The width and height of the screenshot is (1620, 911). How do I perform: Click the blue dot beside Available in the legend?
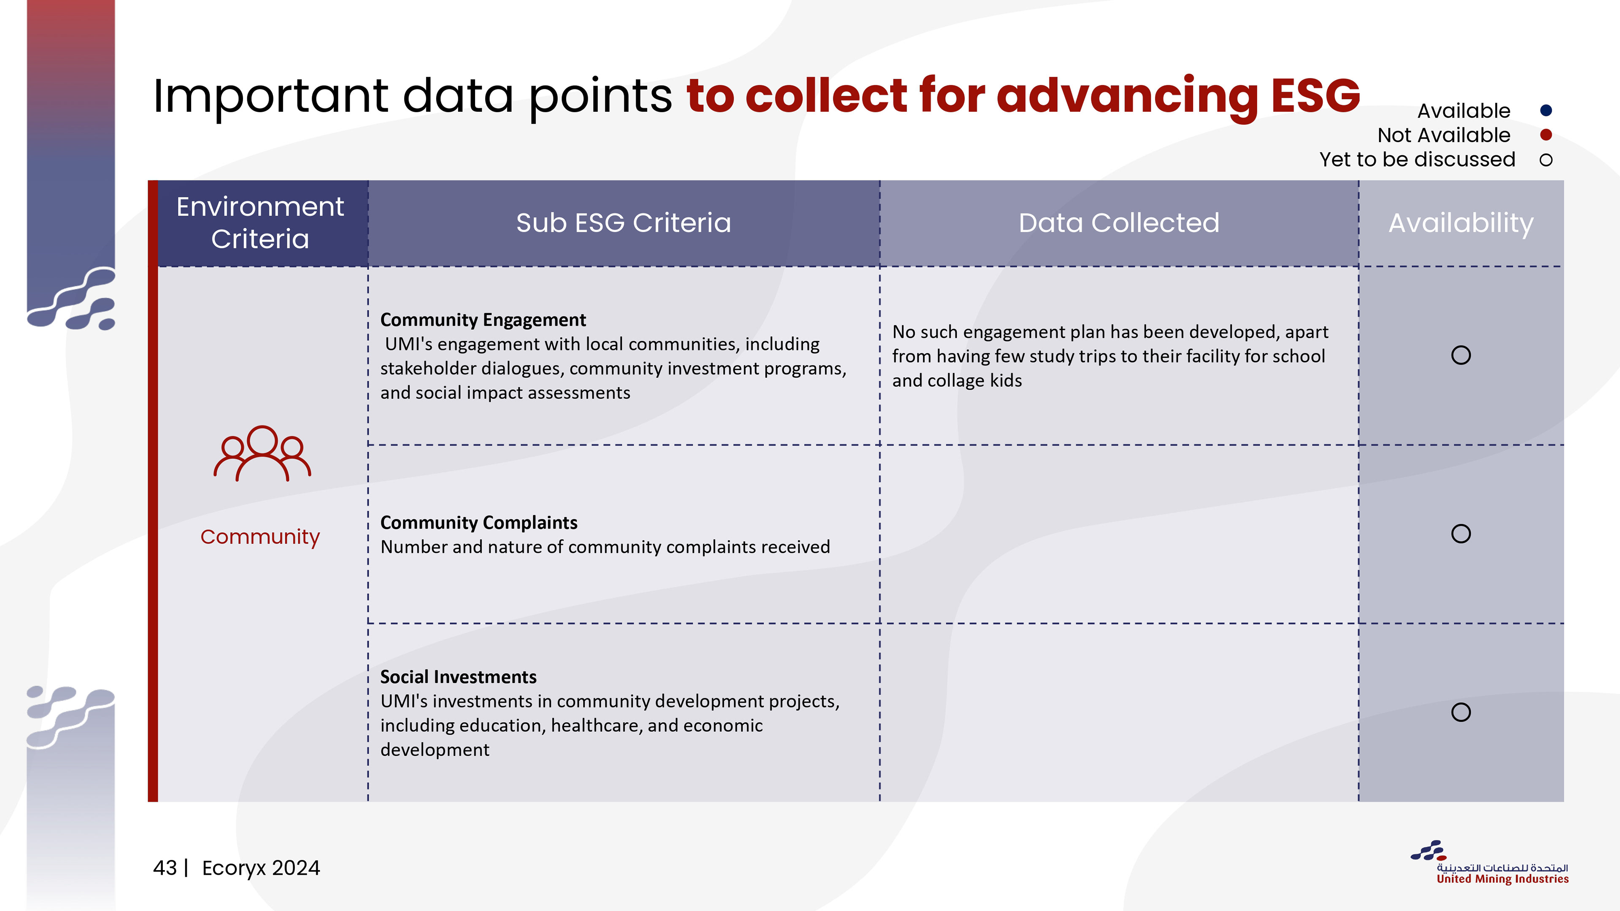pos(1546,111)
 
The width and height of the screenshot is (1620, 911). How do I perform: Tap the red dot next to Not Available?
pos(1546,135)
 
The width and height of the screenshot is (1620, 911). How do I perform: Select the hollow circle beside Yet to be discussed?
pos(1546,160)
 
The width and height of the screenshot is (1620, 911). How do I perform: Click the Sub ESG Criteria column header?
pos(623,223)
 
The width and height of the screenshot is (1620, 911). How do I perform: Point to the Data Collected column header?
pos(1119,223)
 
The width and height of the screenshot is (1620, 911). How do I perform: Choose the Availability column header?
pos(1461,223)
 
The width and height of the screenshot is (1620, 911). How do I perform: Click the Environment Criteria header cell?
pos(260,223)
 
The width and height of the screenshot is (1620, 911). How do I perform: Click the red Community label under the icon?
pos(260,537)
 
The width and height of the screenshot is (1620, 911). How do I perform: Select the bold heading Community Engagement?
pos(483,320)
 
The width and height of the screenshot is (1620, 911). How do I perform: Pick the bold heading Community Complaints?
pos(478,523)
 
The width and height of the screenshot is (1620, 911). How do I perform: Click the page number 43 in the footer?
pos(165,868)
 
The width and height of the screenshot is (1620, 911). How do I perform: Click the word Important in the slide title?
pos(271,96)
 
